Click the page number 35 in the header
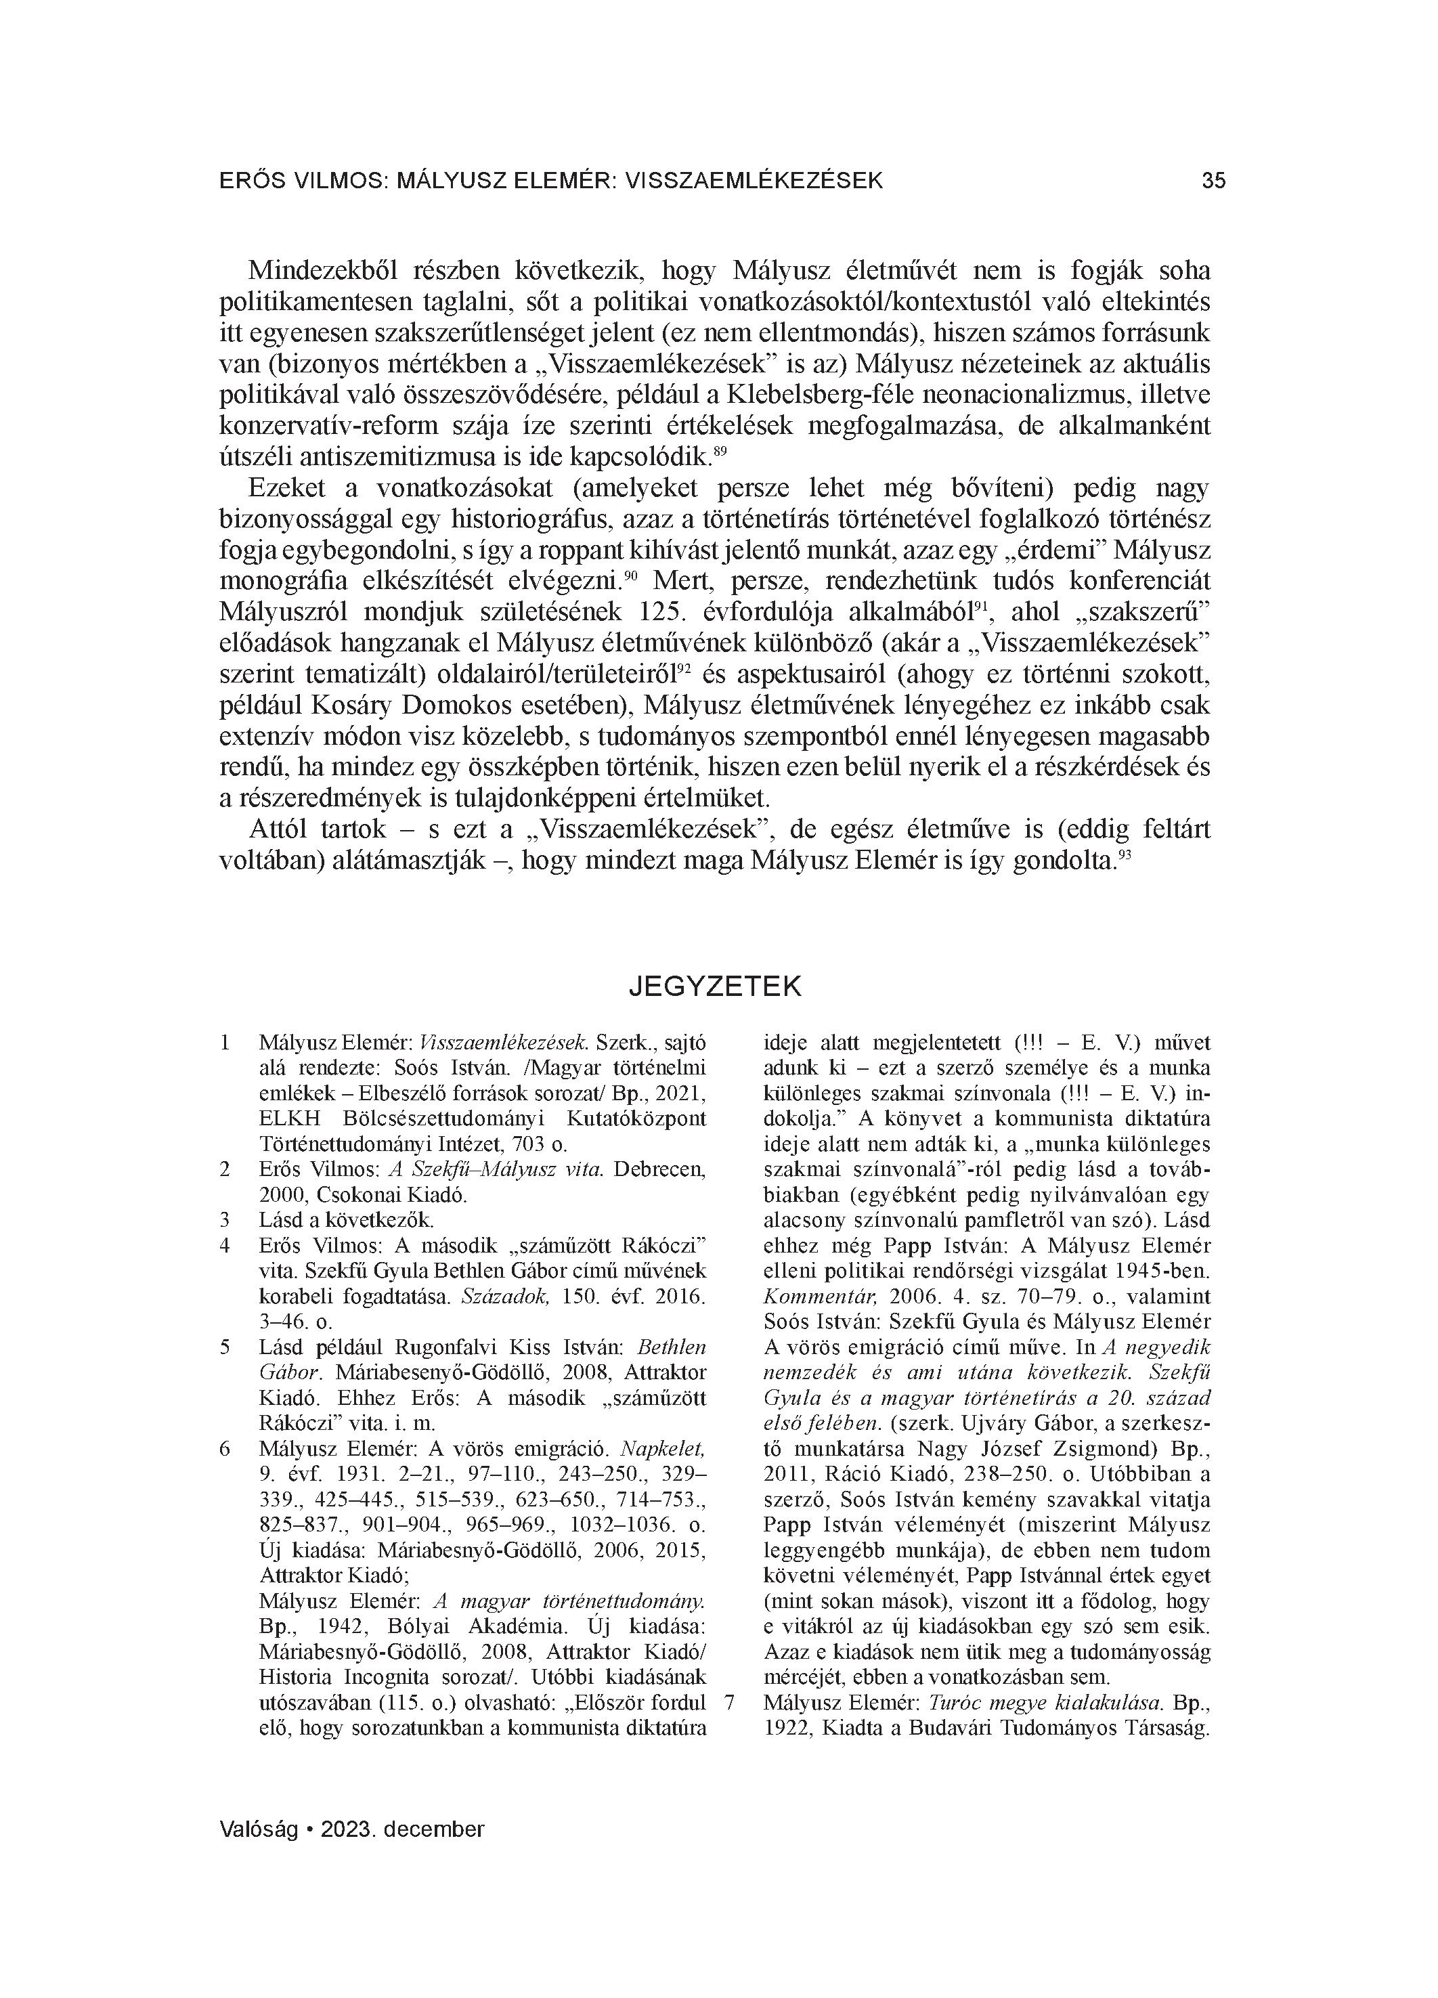pos(1213,181)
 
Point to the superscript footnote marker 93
pos(1123,855)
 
